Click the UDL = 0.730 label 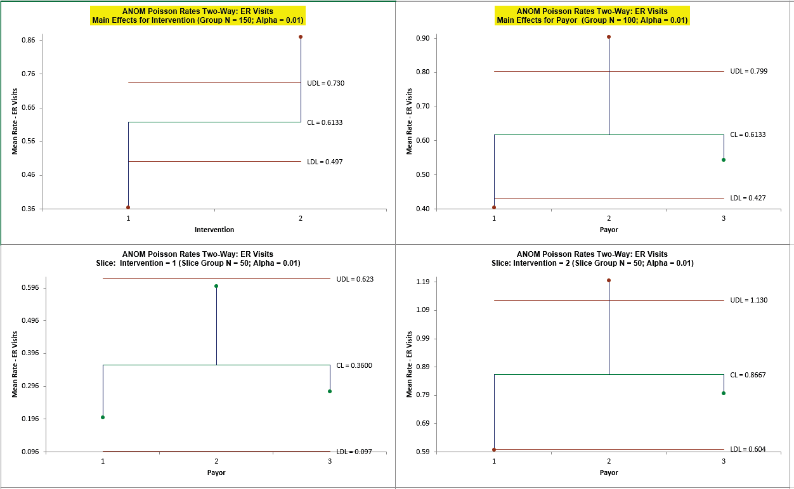[325, 83]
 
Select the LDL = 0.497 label [325, 162]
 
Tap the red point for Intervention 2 [301, 37]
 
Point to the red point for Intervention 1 [128, 207]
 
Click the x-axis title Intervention [214, 230]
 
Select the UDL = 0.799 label [748, 71]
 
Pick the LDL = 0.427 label [748, 198]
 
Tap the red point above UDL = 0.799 [609, 37]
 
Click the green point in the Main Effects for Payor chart [724, 160]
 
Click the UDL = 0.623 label [355, 278]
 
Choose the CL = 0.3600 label [354, 365]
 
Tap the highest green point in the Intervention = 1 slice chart [216, 286]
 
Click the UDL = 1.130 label [748, 300]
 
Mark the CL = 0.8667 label [748, 375]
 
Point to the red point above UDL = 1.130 [609, 280]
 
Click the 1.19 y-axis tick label [421, 282]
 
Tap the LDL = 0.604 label [748, 449]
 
